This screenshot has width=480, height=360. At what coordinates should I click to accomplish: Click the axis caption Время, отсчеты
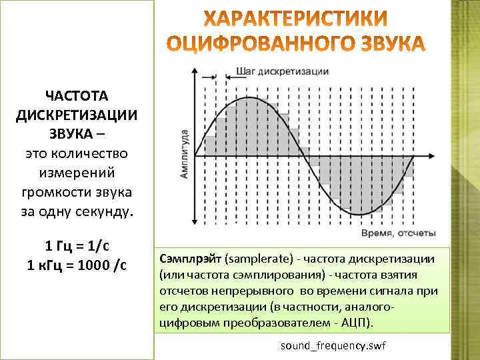pos(399,233)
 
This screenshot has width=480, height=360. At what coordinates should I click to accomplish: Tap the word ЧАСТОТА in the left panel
pos(77,96)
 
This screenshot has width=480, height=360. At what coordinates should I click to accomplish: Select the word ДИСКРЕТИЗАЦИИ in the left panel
pos(77,115)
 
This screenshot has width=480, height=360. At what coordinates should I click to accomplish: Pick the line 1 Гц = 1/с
pos(77,244)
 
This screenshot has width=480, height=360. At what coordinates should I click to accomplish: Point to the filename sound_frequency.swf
pos(333,347)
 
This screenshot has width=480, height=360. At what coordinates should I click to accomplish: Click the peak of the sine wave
pos(249,98)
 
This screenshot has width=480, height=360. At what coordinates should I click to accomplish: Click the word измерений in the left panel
pos(77,173)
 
